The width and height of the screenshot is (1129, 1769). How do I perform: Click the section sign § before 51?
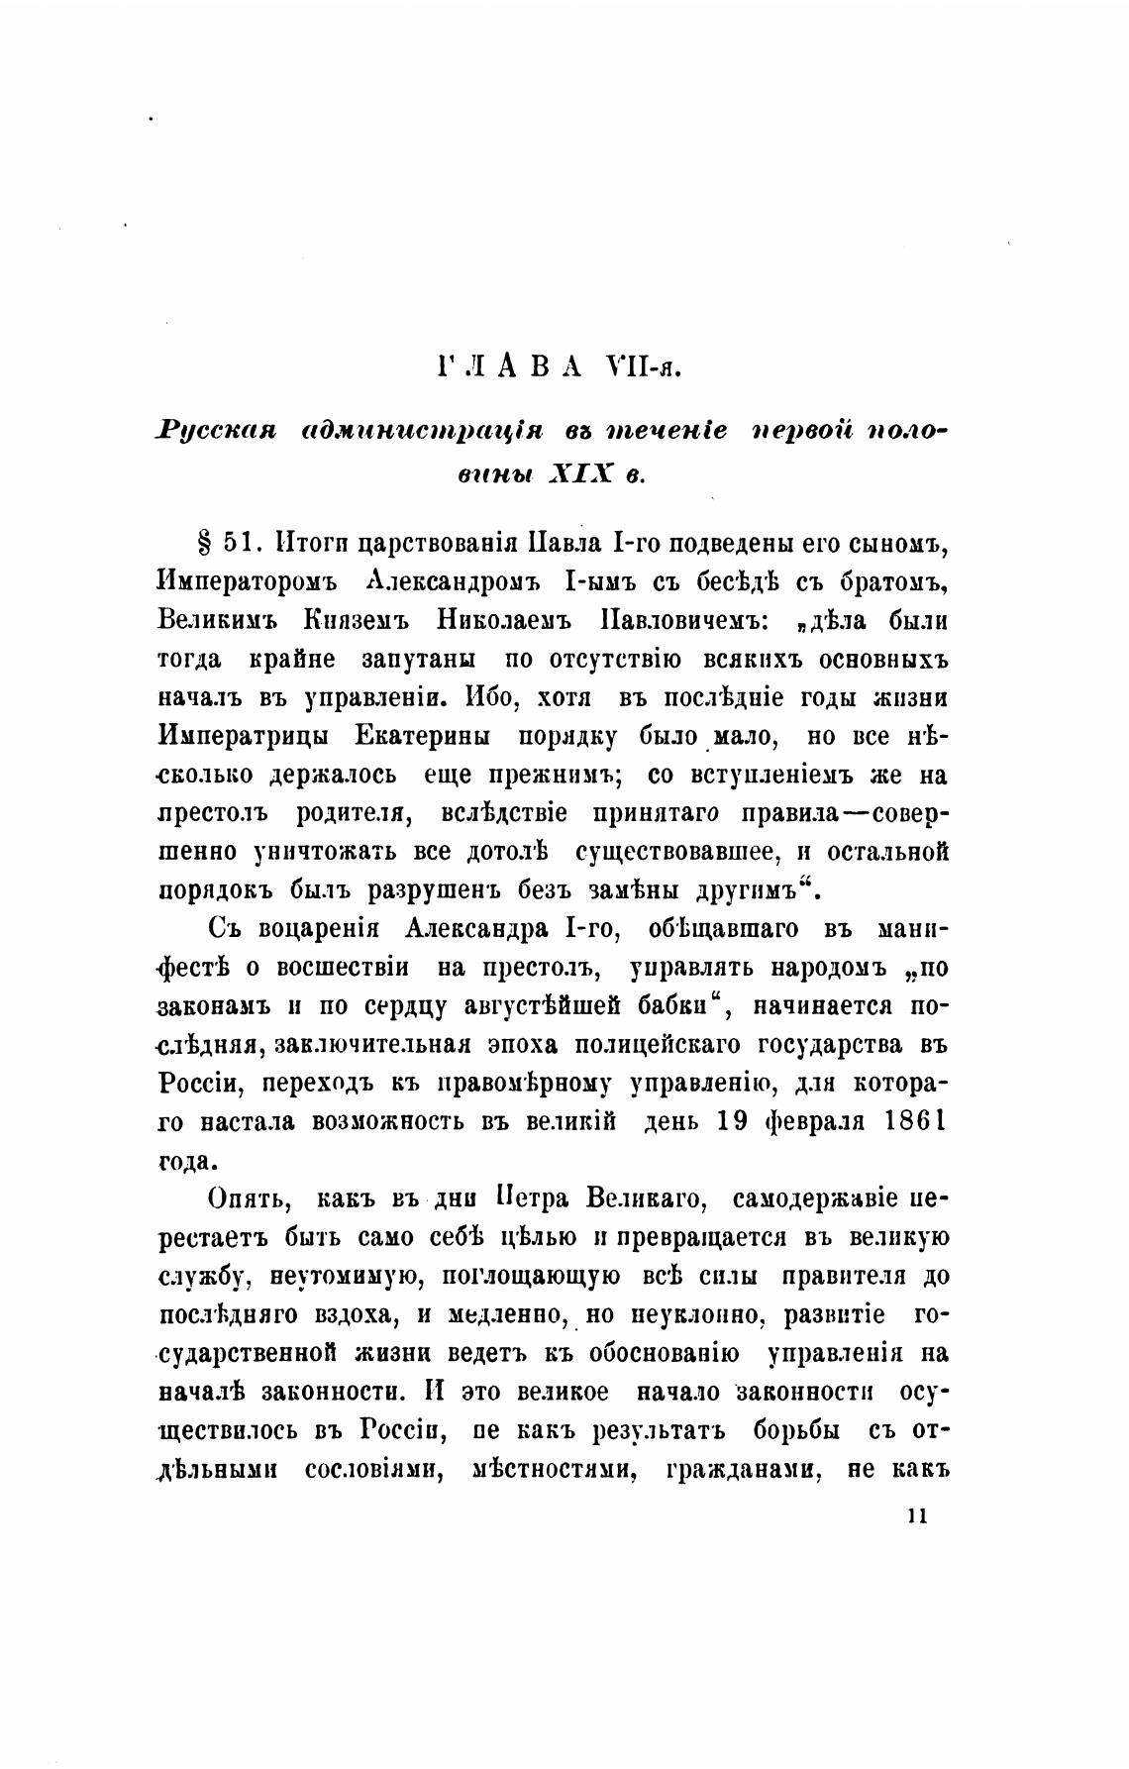[x=207, y=544]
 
